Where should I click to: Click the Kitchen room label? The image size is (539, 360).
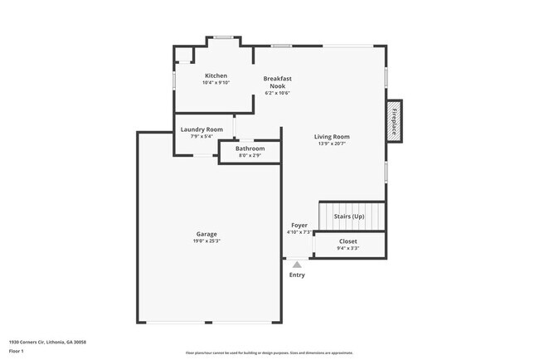click(x=216, y=75)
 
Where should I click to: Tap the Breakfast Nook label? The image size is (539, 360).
click(x=278, y=82)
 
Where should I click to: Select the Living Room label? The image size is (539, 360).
click(x=332, y=137)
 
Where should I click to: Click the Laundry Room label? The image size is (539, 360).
click(x=202, y=129)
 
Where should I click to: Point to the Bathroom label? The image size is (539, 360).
click(x=250, y=148)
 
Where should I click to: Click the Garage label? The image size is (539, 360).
click(x=206, y=234)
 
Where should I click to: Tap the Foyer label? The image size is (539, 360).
click(x=299, y=226)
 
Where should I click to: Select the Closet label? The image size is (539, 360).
click(x=348, y=241)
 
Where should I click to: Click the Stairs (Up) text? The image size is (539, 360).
click(x=348, y=216)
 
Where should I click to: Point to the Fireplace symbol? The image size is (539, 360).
click(x=395, y=122)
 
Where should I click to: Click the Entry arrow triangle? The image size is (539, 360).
click(x=297, y=264)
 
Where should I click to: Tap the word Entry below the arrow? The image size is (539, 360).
click(x=297, y=275)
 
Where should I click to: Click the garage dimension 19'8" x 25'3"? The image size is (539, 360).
click(x=206, y=241)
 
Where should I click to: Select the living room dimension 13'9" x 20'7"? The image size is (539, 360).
click(x=332, y=144)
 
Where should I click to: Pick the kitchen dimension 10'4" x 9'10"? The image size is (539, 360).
click(x=216, y=82)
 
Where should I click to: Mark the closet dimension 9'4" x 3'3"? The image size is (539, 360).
click(x=348, y=247)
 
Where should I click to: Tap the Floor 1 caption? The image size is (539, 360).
click(x=17, y=352)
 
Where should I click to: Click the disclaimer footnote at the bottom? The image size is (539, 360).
click(x=269, y=353)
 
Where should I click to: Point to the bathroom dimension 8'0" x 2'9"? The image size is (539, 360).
click(x=250, y=155)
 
